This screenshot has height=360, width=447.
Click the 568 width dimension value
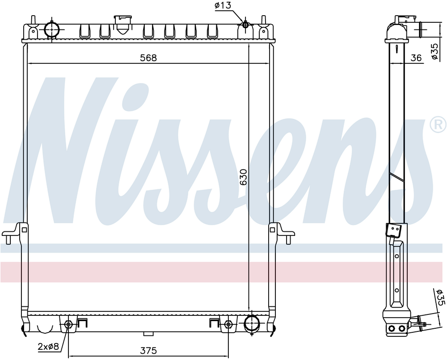coord(148,58)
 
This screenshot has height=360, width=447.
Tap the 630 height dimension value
coord(243,177)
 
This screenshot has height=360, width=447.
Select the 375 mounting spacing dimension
coord(148,350)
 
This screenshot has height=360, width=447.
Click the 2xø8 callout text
coord(48,346)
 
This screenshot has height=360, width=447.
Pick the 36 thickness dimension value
coord(416,58)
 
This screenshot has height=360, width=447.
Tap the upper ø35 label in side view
coord(434,51)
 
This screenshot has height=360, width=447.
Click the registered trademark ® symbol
coord(438,124)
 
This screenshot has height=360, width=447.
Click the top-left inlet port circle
coord(52,29)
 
